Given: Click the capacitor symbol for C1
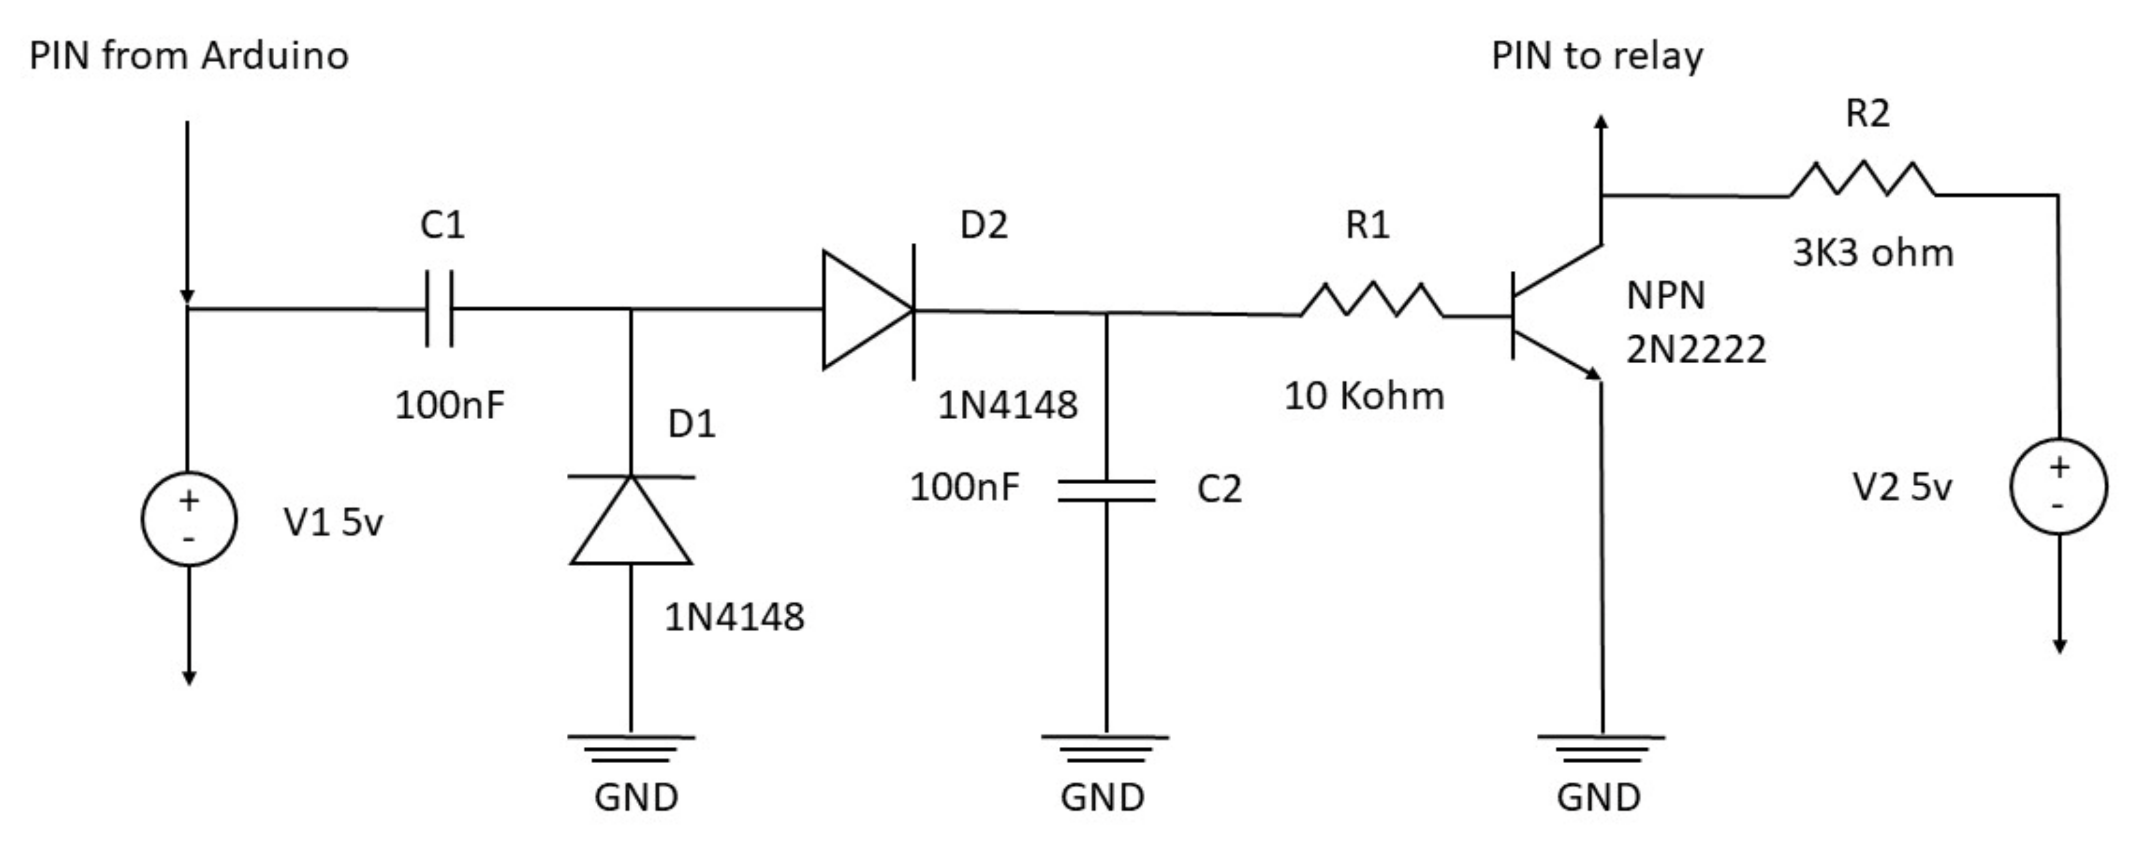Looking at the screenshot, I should click(x=439, y=308).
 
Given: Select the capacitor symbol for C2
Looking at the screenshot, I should click(x=1106, y=490).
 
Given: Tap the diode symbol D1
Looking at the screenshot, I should click(x=631, y=520).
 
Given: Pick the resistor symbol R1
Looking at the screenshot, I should click(x=1372, y=300).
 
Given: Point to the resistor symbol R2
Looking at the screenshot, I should click(x=1862, y=180).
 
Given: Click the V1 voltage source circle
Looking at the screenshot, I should click(x=189, y=519).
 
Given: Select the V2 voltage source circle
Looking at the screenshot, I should click(x=2059, y=486).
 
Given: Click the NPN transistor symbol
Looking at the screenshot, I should click(x=1555, y=313).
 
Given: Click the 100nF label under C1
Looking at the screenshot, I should click(x=449, y=405).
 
